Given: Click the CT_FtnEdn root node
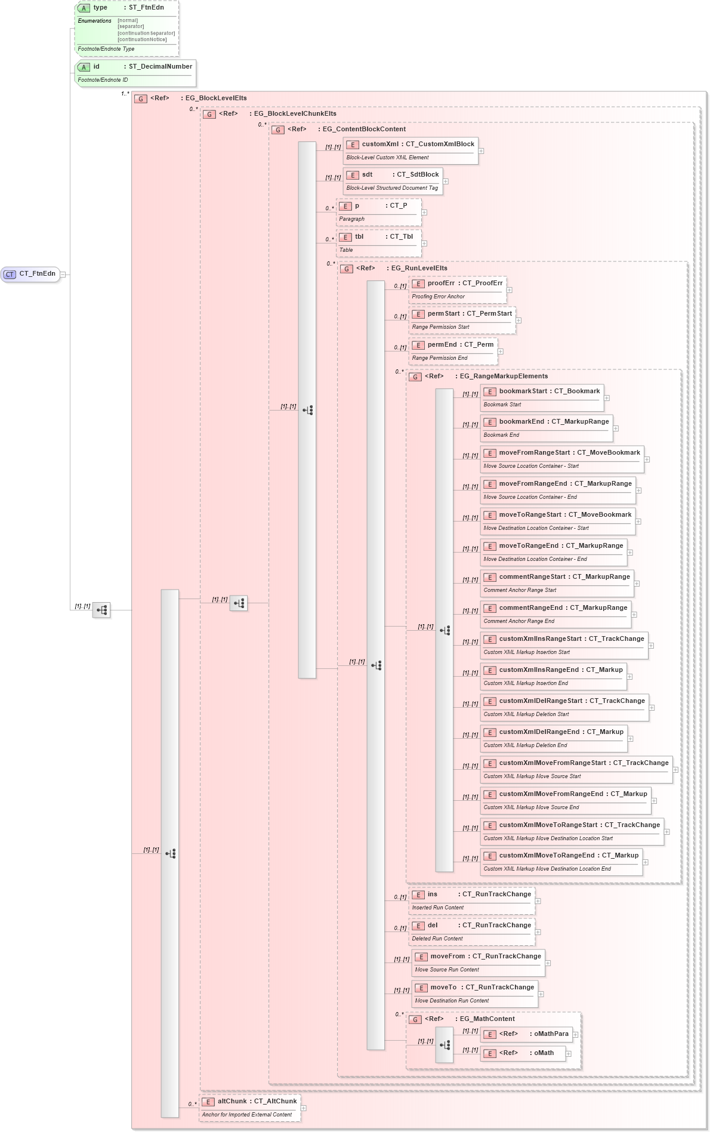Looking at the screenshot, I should click(30, 274).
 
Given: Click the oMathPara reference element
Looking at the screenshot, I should click(526, 1034).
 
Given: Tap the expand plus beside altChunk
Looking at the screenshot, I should click(304, 1108).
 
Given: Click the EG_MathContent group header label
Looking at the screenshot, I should click(486, 1019).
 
